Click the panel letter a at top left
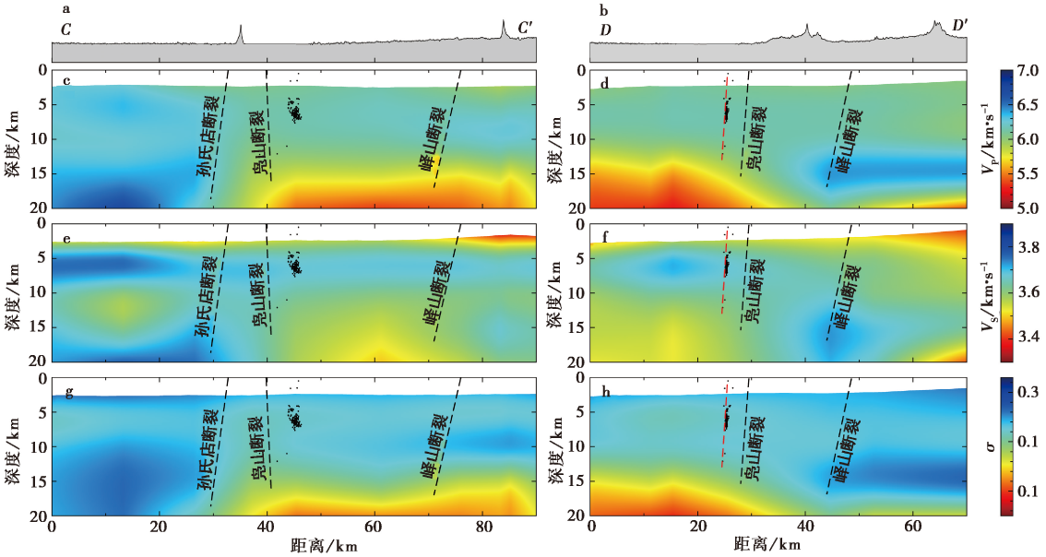point(65,9)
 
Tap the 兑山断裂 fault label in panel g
point(259,447)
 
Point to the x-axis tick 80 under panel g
point(481,528)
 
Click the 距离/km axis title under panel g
point(320,546)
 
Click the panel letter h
point(604,392)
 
